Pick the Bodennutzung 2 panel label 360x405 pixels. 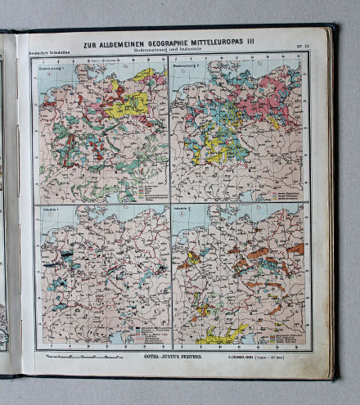coord(190,67)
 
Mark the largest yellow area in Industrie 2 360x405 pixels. coord(223,334)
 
